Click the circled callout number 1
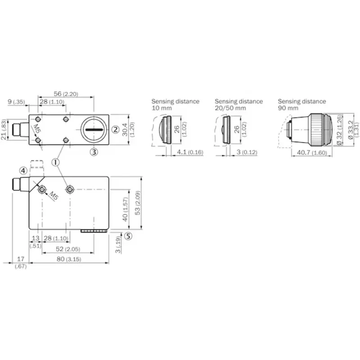(55, 162)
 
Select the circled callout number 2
(116, 130)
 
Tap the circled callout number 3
(94, 152)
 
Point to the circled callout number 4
(23, 171)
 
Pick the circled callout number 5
(128, 236)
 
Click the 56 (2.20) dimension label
(66, 94)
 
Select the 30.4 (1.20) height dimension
(128, 130)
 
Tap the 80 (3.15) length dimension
(69, 259)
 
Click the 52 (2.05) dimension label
(68, 249)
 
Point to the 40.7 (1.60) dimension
(312, 153)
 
